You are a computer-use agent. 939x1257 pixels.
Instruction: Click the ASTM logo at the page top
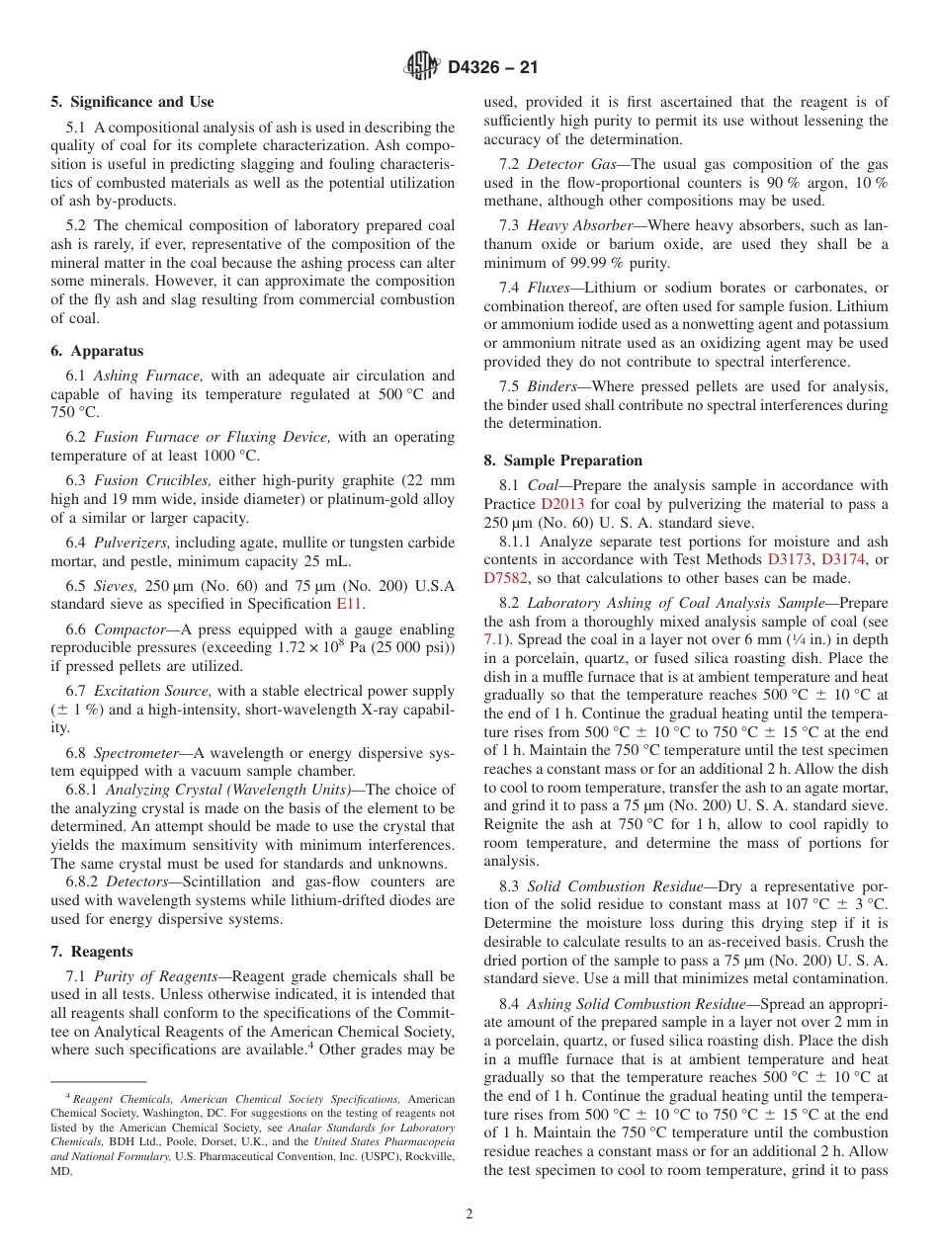(x=422, y=67)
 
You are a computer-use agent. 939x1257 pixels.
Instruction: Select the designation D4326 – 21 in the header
(x=492, y=67)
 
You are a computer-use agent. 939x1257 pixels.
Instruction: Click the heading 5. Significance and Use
(x=132, y=102)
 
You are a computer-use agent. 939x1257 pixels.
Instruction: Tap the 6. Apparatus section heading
(x=97, y=351)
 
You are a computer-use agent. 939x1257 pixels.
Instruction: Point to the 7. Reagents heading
(x=92, y=952)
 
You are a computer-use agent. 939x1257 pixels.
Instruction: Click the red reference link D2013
(x=562, y=504)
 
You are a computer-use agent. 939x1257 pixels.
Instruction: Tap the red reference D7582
(x=508, y=578)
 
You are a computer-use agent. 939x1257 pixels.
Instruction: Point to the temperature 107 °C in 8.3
(x=802, y=904)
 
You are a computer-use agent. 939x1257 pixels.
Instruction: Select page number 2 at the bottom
(x=469, y=1215)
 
